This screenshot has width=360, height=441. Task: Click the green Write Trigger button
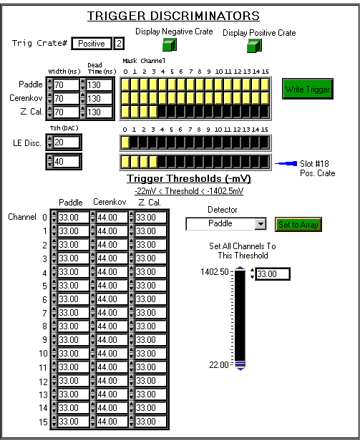(308, 89)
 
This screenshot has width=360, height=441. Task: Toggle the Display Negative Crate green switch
(170, 44)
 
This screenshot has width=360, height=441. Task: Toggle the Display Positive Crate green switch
(254, 46)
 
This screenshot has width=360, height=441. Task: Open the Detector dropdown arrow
(261, 224)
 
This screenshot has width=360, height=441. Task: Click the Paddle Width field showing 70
(66, 84)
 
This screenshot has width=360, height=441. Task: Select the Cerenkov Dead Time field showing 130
(99, 99)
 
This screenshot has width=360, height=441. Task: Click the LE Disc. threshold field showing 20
(66, 142)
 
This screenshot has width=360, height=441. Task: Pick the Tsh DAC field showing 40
(66, 162)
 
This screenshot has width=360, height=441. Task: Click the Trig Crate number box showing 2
(119, 44)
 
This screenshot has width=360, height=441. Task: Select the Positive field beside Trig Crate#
(92, 44)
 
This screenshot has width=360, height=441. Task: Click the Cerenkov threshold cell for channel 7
(112, 312)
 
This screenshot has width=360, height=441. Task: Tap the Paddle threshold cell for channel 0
(73, 218)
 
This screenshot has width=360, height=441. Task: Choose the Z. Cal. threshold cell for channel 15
(150, 421)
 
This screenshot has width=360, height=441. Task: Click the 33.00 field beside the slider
(273, 273)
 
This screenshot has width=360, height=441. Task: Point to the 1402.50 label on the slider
(215, 272)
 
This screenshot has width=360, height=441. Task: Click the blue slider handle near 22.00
(240, 365)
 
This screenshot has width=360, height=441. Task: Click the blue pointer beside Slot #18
(286, 163)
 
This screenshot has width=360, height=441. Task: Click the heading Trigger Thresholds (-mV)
(189, 178)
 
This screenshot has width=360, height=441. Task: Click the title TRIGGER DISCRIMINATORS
(173, 16)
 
